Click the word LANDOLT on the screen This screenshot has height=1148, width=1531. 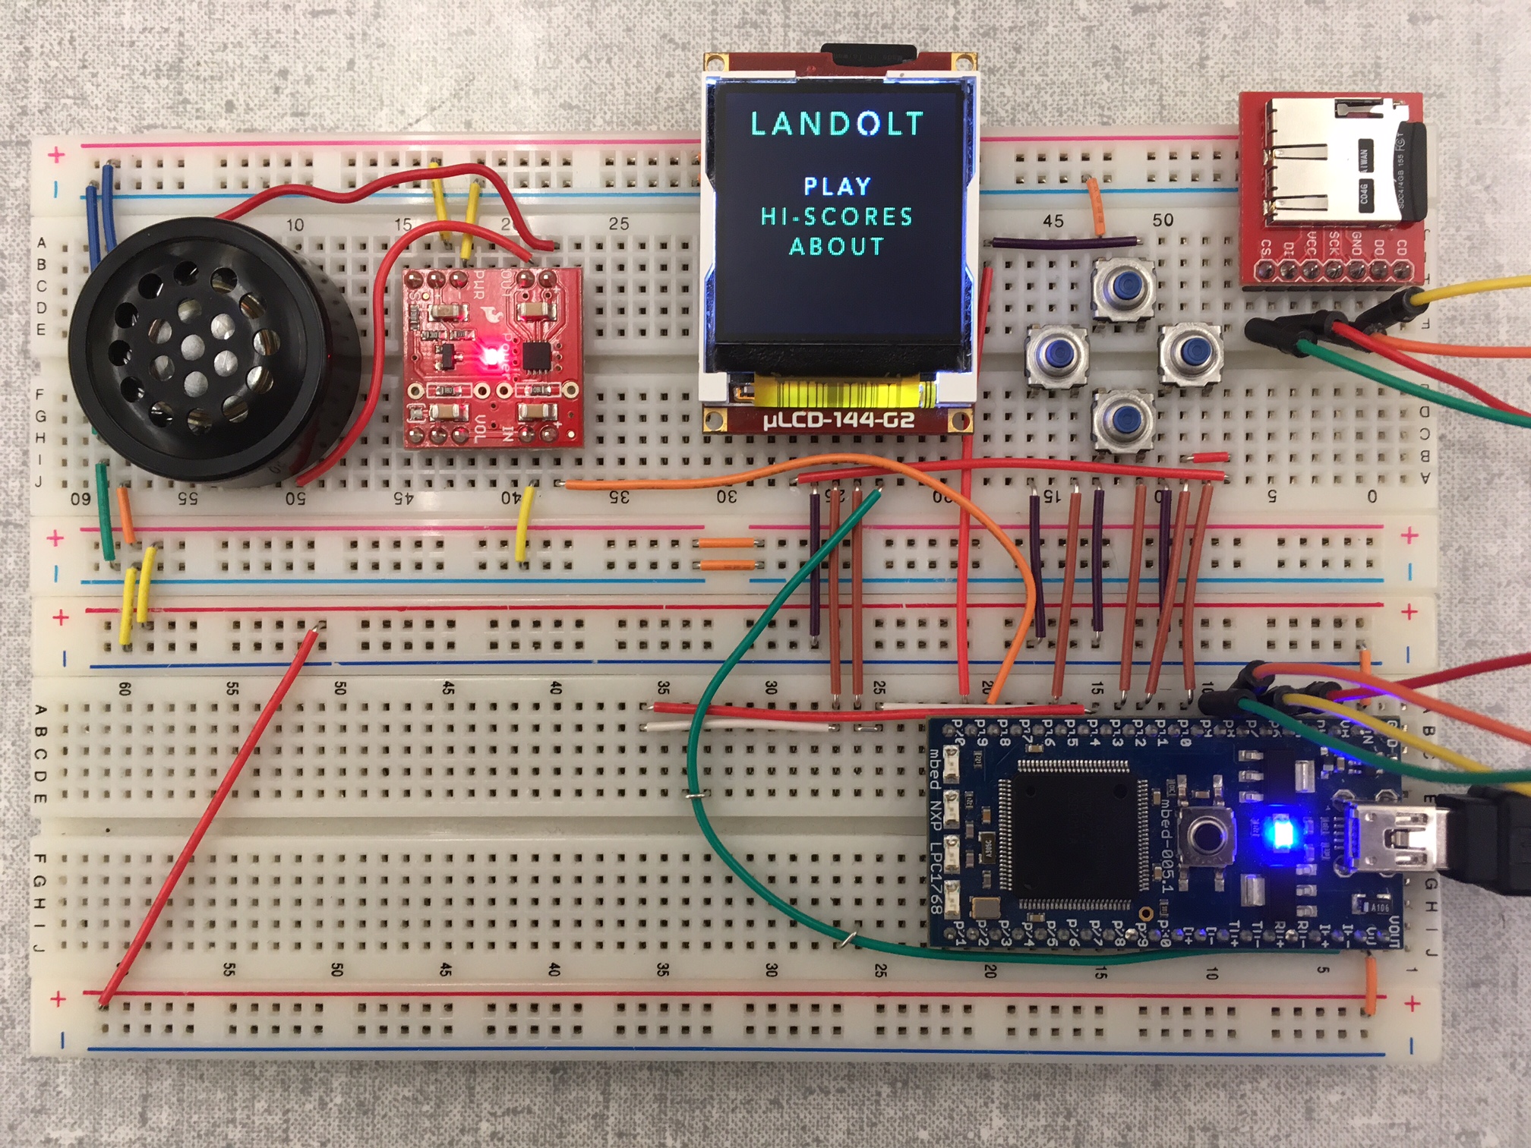pyautogui.click(x=837, y=124)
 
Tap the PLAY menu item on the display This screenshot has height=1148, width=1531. pyautogui.click(x=837, y=186)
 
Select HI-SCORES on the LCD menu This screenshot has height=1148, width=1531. pyautogui.click(x=837, y=216)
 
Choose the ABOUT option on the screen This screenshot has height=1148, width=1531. pyautogui.click(x=837, y=247)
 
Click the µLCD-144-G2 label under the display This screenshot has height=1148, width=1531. pyautogui.click(x=838, y=420)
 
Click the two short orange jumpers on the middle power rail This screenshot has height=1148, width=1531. pyautogui.click(x=727, y=553)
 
